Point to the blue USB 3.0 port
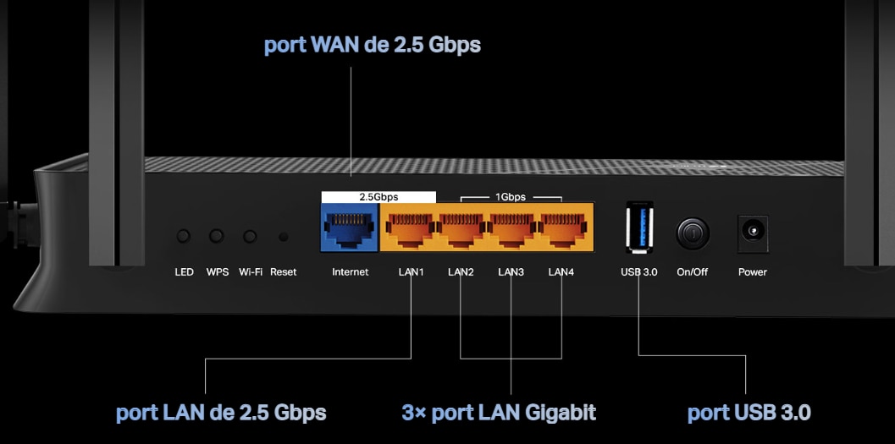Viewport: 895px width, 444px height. pyautogui.click(x=638, y=227)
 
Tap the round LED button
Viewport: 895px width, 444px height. pyautogui.click(x=184, y=238)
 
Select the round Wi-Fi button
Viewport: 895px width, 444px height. pyautogui.click(x=250, y=238)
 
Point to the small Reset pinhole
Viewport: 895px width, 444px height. pyautogui.click(x=283, y=238)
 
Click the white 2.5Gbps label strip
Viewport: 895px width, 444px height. pyautogui.click(x=378, y=196)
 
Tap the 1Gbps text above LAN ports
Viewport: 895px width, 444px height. pyautogui.click(x=511, y=197)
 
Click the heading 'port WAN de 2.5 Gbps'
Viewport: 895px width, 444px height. pyautogui.click(x=373, y=45)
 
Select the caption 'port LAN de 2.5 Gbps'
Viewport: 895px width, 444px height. pyautogui.click(x=221, y=413)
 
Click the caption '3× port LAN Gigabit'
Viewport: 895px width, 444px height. pyautogui.click(x=499, y=413)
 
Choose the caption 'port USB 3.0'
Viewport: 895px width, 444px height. pyautogui.click(x=749, y=413)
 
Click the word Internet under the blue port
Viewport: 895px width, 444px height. pyautogui.click(x=351, y=272)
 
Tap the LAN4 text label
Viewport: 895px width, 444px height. pyautogui.click(x=561, y=272)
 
